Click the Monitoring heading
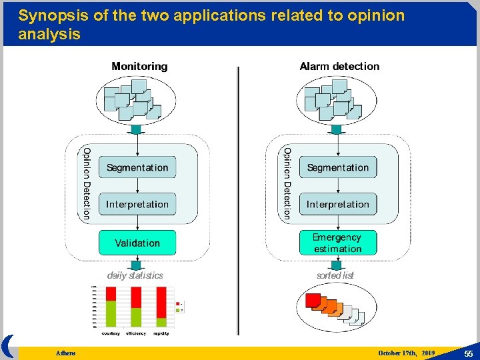tap(139, 66)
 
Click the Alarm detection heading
tap(339, 66)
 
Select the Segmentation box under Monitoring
tap(137, 167)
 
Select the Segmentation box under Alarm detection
tap(338, 167)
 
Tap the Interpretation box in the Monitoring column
tap(137, 204)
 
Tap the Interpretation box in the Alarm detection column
tap(338, 204)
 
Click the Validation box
tap(137, 243)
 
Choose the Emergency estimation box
tap(338, 243)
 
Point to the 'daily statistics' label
tap(135, 275)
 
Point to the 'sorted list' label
tap(335, 275)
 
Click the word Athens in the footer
tap(66, 353)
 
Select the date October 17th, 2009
tap(406, 353)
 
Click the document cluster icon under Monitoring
tap(137, 100)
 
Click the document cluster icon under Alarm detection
tap(337, 100)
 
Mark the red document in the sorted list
tap(313, 301)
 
